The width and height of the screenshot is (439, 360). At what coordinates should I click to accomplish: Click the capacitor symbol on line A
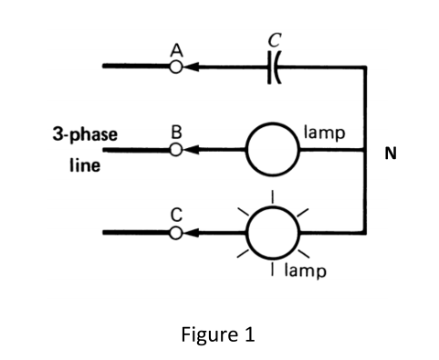pyautogui.click(x=272, y=66)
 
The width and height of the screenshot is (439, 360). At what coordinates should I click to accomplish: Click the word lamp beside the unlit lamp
pyautogui.click(x=326, y=132)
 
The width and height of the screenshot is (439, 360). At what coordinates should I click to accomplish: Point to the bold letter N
pyautogui.click(x=391, y=154)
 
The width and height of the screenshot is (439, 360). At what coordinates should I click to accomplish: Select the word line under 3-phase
pyautogui.click(x=84, y=167)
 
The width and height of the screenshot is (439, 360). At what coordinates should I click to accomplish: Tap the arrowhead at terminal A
pyautogui.click(x=192, y=66)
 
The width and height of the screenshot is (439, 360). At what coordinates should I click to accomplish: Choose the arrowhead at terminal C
pyautogui.click(x=192, y=232)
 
